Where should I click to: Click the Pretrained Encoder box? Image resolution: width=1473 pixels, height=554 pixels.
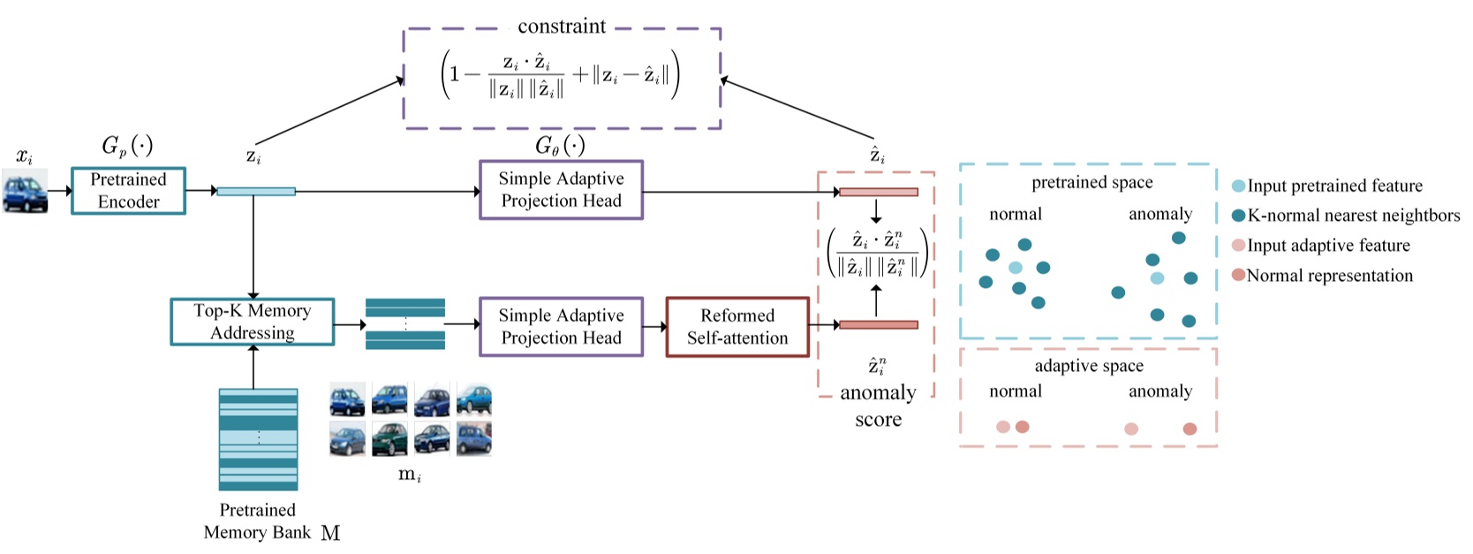point(128,191)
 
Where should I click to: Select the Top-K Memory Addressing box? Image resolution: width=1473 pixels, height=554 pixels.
point(253,322)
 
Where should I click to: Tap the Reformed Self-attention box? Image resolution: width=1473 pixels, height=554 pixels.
point(736,327)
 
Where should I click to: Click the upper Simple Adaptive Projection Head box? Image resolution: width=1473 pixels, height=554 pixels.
point(561,190)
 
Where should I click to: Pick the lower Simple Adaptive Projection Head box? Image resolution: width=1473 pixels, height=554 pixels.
point(561,327)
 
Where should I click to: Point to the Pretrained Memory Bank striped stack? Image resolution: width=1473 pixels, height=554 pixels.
point(258,439)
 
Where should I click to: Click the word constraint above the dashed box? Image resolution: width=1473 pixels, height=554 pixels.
point(562,27)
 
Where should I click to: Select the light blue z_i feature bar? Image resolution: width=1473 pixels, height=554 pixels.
point(256,191)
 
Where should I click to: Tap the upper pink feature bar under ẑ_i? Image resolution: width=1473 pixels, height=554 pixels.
point(878,192)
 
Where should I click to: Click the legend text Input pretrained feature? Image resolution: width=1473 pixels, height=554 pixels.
point(1334,186)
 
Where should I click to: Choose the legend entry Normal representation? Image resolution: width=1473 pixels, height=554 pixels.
point(1329,276)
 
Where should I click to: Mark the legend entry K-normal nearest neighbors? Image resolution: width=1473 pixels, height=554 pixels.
point(1353,216)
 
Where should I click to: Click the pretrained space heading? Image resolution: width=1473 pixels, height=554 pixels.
point(1092,183)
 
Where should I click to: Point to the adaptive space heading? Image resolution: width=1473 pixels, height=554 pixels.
point(1088,366)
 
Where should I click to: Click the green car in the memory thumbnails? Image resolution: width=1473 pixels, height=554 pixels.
point(389,438)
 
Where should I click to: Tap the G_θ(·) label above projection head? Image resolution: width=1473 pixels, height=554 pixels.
point(560,145)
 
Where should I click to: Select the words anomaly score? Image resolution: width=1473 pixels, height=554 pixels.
point(878,406)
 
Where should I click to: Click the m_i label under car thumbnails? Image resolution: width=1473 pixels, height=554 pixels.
point(410,474)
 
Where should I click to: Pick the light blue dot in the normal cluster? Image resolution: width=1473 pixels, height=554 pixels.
point(1016,268)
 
